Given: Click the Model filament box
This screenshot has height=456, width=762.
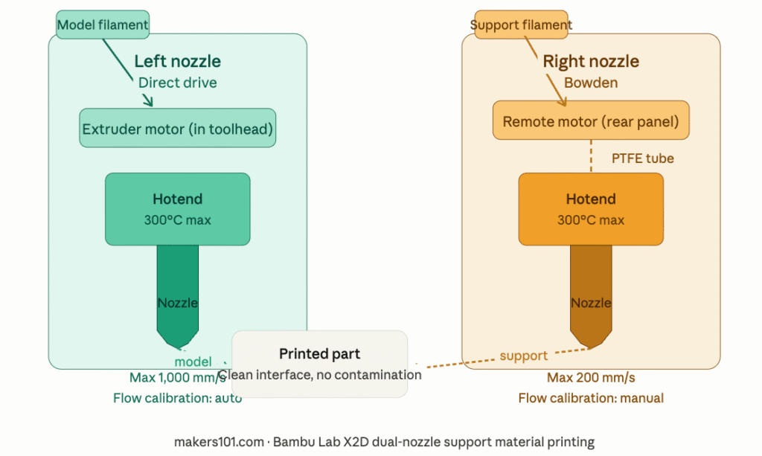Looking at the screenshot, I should click(x=103, y=25).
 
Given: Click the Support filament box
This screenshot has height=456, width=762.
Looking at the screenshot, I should click(x=521, y=25).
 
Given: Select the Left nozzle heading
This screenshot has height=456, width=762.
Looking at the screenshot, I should click(x=177, y=61).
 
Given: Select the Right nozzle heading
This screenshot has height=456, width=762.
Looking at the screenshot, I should click(x=591, y=61).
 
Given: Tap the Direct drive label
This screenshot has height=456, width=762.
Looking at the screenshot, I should click(x=178, y=83).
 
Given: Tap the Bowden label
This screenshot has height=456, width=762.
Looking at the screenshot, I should click(x=591, y=83).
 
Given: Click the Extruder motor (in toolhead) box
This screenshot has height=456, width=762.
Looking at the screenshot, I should click(x=178, y=129).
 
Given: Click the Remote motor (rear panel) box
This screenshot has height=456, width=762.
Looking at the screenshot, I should click(x=591, y=121).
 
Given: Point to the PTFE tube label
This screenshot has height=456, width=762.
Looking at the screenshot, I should click(x=642, y=158).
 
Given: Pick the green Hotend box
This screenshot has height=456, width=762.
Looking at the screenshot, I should click(x=177, y=209).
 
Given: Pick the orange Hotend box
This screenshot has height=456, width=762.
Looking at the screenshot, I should click(x=591, y=209).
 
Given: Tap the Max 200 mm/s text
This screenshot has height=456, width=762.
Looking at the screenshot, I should click(x=591, y=378).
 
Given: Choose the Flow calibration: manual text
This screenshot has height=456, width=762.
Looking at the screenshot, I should click(x=591, y=398).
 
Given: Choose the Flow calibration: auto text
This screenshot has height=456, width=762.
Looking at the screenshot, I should click(x=177, y=398).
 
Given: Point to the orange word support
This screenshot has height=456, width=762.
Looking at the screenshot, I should click(x=523, y=356).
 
